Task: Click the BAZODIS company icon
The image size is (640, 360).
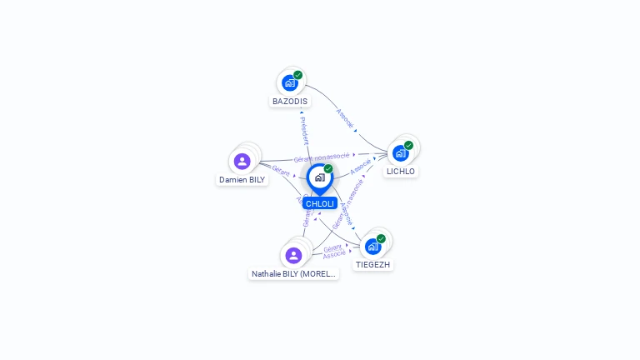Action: coord(289,82)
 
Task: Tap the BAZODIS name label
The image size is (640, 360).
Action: coord(289,102)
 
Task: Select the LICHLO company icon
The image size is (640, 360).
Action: coord(400,153)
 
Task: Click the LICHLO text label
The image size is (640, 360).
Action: coord(400,172)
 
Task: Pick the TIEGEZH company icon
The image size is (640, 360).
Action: coord(372,246)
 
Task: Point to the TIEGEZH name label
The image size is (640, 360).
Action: coord(372,265)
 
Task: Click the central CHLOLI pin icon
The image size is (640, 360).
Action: coord(319,177)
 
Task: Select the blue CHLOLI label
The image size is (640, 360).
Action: coord(319,203)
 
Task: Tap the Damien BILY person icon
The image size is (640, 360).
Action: coord(242,161)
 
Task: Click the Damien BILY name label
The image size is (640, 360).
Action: coord(242,179)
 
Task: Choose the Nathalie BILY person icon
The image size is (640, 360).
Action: coord(293,255)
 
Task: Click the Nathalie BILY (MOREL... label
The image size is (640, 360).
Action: coord(293,273)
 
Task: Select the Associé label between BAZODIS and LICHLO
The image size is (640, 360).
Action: coord(345,117)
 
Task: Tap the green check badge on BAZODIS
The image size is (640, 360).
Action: coord(297,75)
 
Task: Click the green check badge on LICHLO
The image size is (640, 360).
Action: coord(408,146)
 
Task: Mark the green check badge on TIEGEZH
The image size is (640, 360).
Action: coord(381,238)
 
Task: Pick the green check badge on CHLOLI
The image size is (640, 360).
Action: coord(328,169)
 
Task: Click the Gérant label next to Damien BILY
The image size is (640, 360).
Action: coord(281,170)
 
